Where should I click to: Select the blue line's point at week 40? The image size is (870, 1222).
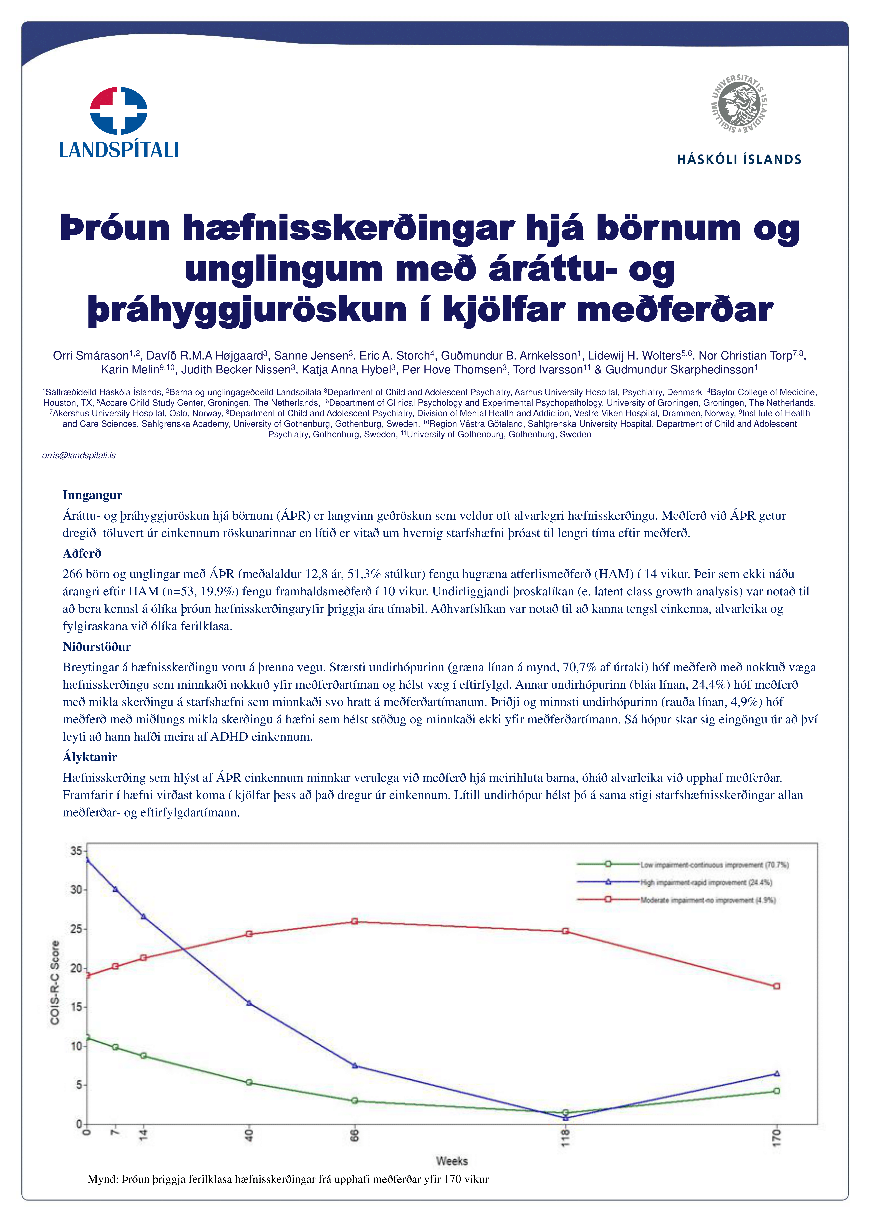[x=249, y=1003]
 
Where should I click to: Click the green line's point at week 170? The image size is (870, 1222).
[x=777, y=1091]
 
